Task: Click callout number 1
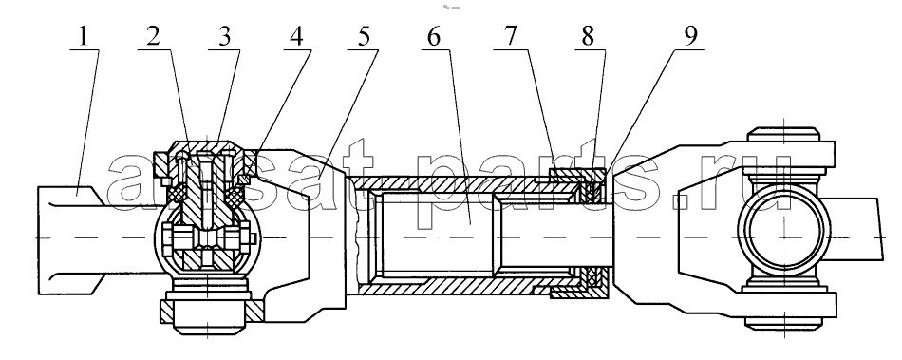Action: (x=84, y=37)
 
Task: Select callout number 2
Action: (x=153, y=37)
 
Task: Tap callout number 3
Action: (x=224, y=37)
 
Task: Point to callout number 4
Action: (x=295, y=37)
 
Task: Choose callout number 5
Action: (x=364, y=37)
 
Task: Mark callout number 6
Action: (x=434, y=37)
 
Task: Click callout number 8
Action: (x=588, y=37)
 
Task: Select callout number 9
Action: (x=691, y=37)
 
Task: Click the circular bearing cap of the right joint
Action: (x=784, y=230)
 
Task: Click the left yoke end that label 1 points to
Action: (x=70, y=236)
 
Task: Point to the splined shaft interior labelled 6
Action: (x=436, y=234)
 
